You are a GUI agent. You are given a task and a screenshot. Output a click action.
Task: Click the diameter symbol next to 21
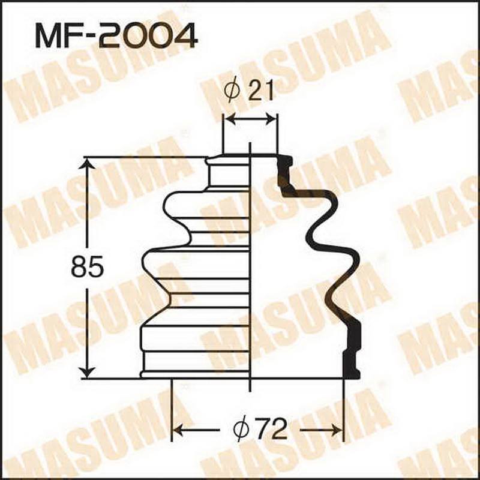pyautogui.click(x=233, y=91)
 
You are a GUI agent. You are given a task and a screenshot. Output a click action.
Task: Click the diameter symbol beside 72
pyautogui.click(x=241, y=430)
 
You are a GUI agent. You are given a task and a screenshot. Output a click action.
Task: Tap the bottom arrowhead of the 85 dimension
pyautogui.click(x=88, y=371)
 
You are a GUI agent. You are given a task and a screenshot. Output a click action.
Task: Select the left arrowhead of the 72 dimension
pyautogui.click(x=178, y=430)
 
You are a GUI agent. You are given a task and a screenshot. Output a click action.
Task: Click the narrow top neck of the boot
pyautogui.click(x=228, y=174)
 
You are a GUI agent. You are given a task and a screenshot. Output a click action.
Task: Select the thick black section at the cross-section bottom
pyautogui.click(x=350, y=360)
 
